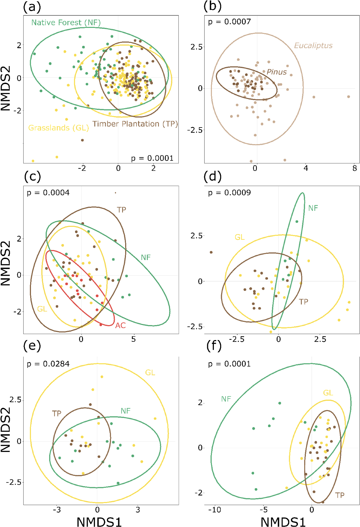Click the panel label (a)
point(32,7)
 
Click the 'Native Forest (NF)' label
point(66,23)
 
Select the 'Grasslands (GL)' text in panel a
point(58,128)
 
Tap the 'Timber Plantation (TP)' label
point(135,124)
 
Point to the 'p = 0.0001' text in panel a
point(152,158)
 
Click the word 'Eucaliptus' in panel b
point(313,45)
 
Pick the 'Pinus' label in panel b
point(277,72)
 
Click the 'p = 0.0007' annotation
point(229,22)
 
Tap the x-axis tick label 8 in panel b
point(355,168)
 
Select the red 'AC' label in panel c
point(120,325)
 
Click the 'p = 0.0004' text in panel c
point(48,193)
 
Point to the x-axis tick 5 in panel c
point(133,339)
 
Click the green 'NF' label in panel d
point(313,208)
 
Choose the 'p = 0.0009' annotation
point(229,193)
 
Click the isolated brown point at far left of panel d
point(211,252)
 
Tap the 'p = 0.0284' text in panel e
point(48,364)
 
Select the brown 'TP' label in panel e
point(56,413)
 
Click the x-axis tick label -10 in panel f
point(214,510)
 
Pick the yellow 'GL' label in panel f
point(328,393)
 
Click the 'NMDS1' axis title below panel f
point(283,522)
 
